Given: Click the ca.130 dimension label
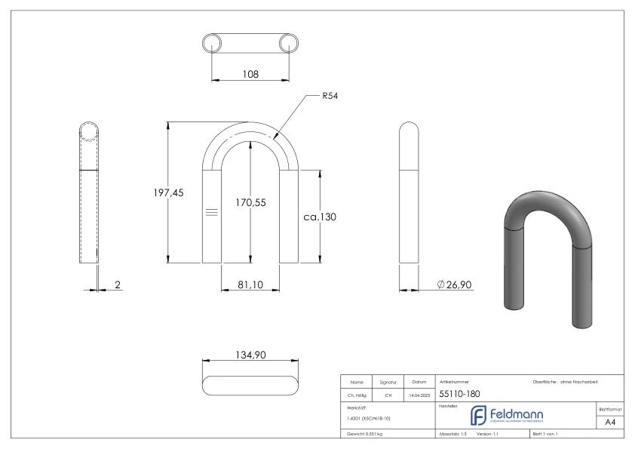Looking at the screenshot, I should point(321,217).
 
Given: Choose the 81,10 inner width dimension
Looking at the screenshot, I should point(250,284).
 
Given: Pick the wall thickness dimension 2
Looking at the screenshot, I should point(119,284).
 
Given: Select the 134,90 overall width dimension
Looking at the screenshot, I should point(250,356).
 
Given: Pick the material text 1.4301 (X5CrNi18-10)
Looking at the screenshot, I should point(370,418).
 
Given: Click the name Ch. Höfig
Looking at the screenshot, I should point(357,394).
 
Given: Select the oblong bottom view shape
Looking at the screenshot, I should point(250,384).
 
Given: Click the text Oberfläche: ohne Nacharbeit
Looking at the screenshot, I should point(565,382).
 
